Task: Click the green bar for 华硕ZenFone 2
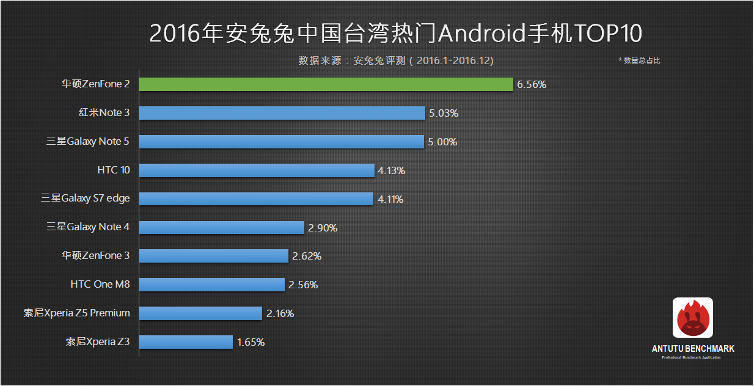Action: [x=326, y=84]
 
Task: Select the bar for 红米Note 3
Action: [x=282, y=113]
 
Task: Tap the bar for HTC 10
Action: [x=257, y=170]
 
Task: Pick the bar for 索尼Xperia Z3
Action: [x=186, y=342]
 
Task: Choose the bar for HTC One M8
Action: [x=211, y=285]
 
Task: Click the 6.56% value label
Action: [x=532, y=85]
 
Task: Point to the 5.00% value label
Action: [x=442, y=142]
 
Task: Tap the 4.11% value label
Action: [x=390, y=199]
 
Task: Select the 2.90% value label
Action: [x=323, y=228]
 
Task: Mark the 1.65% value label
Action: [x=251, y=342]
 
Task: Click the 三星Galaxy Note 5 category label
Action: [x=88, y=142]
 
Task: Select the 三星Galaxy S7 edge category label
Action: [x=86, y=198]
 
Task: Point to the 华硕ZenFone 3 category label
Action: [x=95, y=255]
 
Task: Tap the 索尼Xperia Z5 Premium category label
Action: [x=76, y=313]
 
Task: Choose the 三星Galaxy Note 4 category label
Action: [x=88, y=227]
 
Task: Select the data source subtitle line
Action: [x=396, y=61]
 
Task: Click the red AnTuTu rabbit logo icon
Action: [x=692, y=318]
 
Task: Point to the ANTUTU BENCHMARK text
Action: [x=693, y=349]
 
